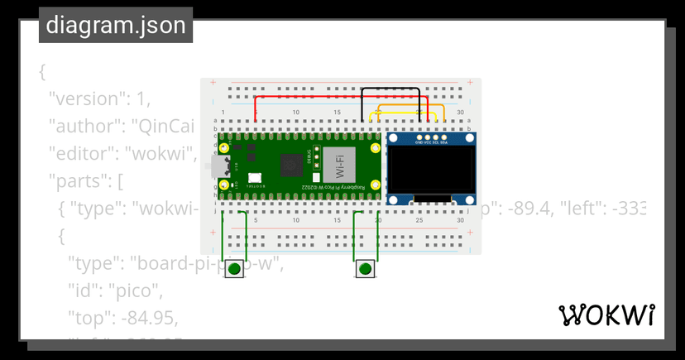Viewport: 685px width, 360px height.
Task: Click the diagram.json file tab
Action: [x=116, y=25]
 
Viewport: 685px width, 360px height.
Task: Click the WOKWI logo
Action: [x=607, y=315]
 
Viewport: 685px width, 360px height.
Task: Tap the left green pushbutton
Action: [x=234, y=269]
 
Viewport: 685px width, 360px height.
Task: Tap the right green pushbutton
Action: [x=365, y=269]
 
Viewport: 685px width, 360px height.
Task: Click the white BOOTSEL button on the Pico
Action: [x=253, y=177]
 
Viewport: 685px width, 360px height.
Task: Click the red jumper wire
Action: [x=331, y=97]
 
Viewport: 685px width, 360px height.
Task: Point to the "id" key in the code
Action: [x=82, y=290]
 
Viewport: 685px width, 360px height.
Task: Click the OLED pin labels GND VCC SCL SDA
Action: [x=431, y=142]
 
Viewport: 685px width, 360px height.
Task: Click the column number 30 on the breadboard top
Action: [x=460, y=113]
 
